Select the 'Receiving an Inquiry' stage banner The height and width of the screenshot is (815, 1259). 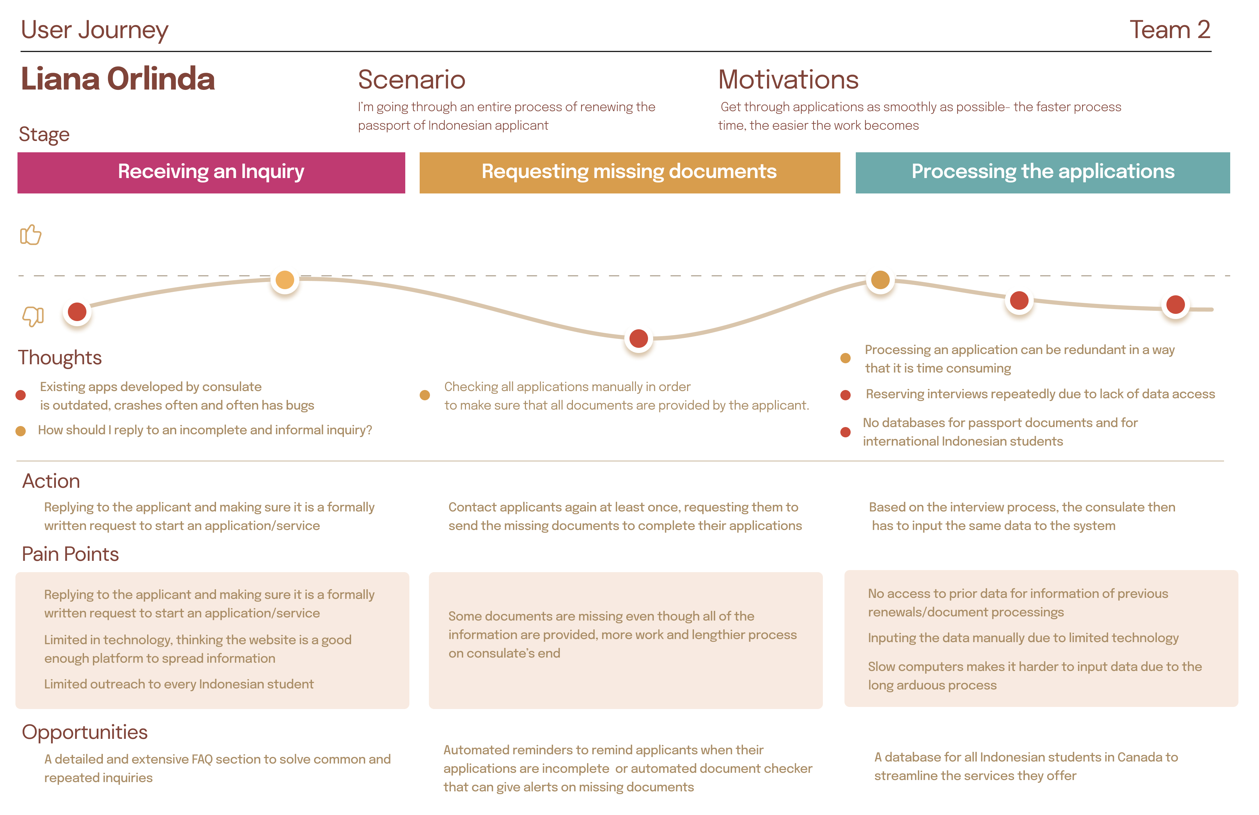(211, 173)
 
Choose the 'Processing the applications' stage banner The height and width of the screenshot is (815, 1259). (1042, 173)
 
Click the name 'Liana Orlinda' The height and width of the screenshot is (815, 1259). (118, 79)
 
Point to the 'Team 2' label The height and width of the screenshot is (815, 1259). (1170, 29)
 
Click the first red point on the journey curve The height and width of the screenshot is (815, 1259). (77, 312)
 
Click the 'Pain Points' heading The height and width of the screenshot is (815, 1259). (70, 554)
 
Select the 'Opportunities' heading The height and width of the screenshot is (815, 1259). (85, 732)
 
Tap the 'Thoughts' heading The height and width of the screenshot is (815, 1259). (60, 358)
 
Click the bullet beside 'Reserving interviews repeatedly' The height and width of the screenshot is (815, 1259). (845, 395)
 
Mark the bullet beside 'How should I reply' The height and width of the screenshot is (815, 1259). (21, 431)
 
